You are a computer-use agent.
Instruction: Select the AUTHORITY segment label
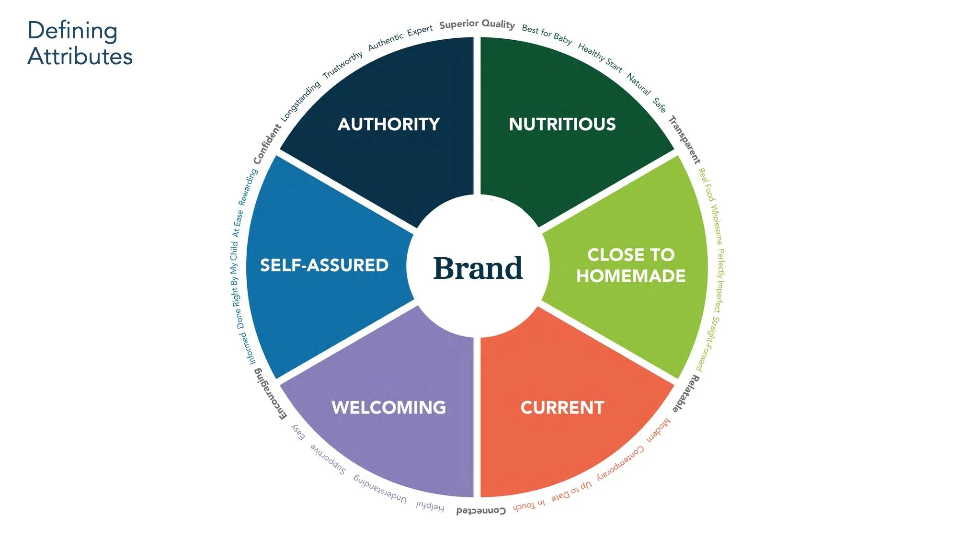tap(388, 124)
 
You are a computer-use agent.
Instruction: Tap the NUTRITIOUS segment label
tap(562, 124)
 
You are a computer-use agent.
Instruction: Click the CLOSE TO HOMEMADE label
tap(631, 265)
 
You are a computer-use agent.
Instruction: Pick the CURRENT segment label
tap(562, 408)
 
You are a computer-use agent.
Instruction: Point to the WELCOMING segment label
tap(388, 408)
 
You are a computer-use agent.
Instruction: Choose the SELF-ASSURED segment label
tap(324, 265)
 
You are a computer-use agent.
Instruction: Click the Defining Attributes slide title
tap(80, 43)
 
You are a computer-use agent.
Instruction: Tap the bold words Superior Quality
tap(477, 24)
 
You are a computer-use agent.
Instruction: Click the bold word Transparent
tap(685, 139)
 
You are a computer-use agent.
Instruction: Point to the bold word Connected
tap(481, 511)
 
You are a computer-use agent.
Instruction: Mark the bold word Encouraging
tap(270, 394)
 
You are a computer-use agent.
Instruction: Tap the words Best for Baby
tap(547, 34)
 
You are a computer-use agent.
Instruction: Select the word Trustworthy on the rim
tap(342, 65)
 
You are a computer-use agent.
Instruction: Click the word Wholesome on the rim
tap(716, 225)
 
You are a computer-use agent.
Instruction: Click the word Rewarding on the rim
tap(248, 187)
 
